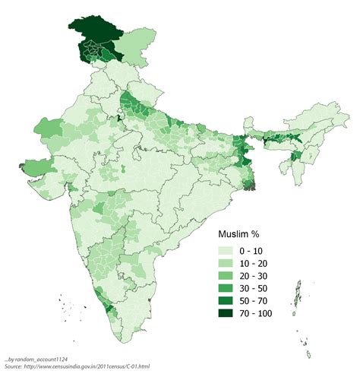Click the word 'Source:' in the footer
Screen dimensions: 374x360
pos(14,366)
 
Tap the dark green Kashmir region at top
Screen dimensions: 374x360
pos(93,35)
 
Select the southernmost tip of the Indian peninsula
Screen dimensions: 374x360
pos(122,344)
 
